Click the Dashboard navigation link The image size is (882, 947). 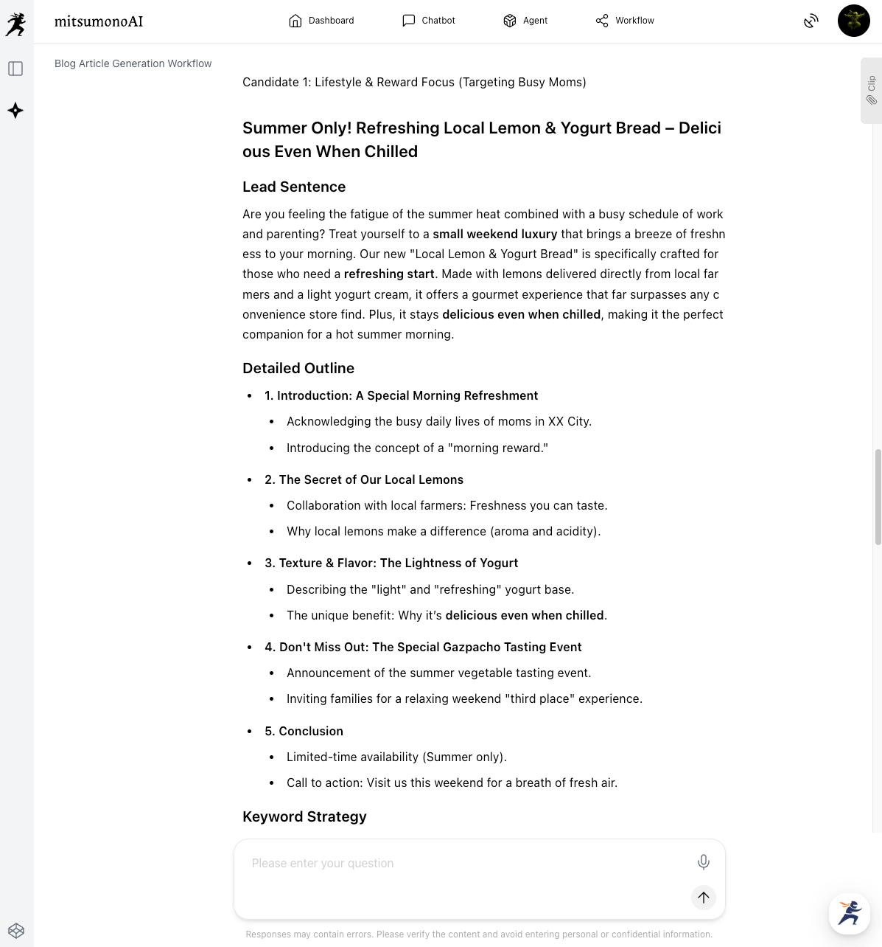pos(321,21)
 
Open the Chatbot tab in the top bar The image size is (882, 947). pos(429,21)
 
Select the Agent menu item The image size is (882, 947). pos(525,21)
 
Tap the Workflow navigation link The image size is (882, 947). pos(625,21)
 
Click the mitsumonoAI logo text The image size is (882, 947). pos(99,21)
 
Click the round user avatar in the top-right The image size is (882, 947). pos(853,21)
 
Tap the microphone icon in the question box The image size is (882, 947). pos(703,861)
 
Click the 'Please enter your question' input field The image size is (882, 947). pos(464,863)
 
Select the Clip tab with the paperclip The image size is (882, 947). pos(871,90)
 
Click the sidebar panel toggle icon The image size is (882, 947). pos(15,69)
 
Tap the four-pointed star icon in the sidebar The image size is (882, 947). pos(15,111)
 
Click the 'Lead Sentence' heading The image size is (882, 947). pos(294,187)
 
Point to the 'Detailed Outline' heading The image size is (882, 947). pos(298,368)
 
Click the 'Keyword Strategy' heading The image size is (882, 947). pos(304,816)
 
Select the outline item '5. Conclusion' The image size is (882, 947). pos(304,731)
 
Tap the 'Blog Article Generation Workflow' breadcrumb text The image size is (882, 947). pos(133,63)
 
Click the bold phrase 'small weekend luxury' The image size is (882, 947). pos(494,234)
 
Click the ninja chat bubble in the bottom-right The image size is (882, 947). pos(849,913)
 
